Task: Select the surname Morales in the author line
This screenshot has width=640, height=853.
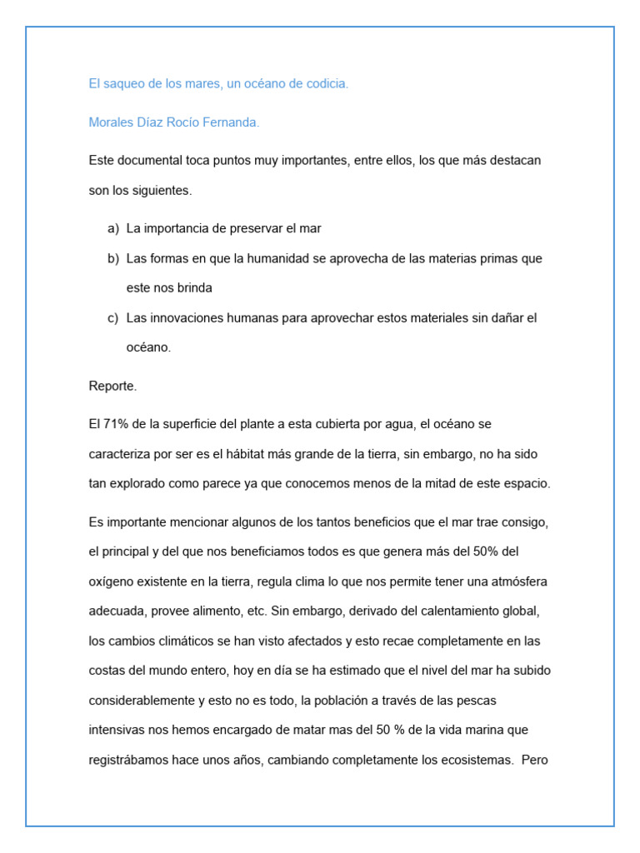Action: tap(112, 122)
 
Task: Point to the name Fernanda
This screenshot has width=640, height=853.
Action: tap(232, 122)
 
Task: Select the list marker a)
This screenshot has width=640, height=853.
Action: tap(113, 228)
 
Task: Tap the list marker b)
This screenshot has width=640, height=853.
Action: tap(113, 258)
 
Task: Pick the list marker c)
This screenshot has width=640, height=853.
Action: tap(113, 318)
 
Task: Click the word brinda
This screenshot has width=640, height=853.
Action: tap(194, 288)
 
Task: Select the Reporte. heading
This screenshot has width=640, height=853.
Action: tap(112, 386)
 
